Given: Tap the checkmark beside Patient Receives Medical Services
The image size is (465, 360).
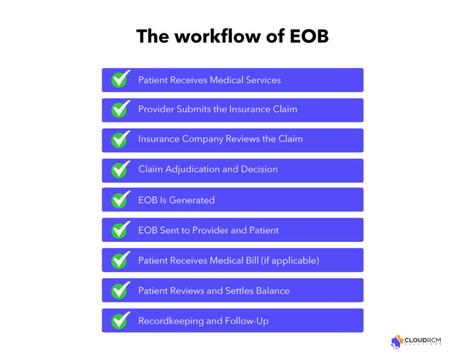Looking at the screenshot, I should tap(120, 79).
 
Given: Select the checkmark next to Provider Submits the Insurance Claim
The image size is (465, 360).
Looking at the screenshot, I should tap(120, 110).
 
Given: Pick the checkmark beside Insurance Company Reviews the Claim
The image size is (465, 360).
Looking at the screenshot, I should tap(120, 139).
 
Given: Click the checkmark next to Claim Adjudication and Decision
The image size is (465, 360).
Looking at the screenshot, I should tap(120, 170).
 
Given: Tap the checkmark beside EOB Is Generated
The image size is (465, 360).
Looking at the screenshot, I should tap(120, 200).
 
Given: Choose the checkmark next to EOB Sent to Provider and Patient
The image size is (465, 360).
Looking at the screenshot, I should tap(120, 230).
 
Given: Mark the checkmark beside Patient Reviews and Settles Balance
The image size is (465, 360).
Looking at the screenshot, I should tap(120, 290).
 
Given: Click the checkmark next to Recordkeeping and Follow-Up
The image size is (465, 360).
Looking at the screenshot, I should tap(120, 321).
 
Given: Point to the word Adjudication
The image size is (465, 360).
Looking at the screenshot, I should tap(193, 170).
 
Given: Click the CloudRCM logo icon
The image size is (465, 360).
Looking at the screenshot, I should tap(397, 341).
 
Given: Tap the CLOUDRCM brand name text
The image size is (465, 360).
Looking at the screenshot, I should tap(423, 340).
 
